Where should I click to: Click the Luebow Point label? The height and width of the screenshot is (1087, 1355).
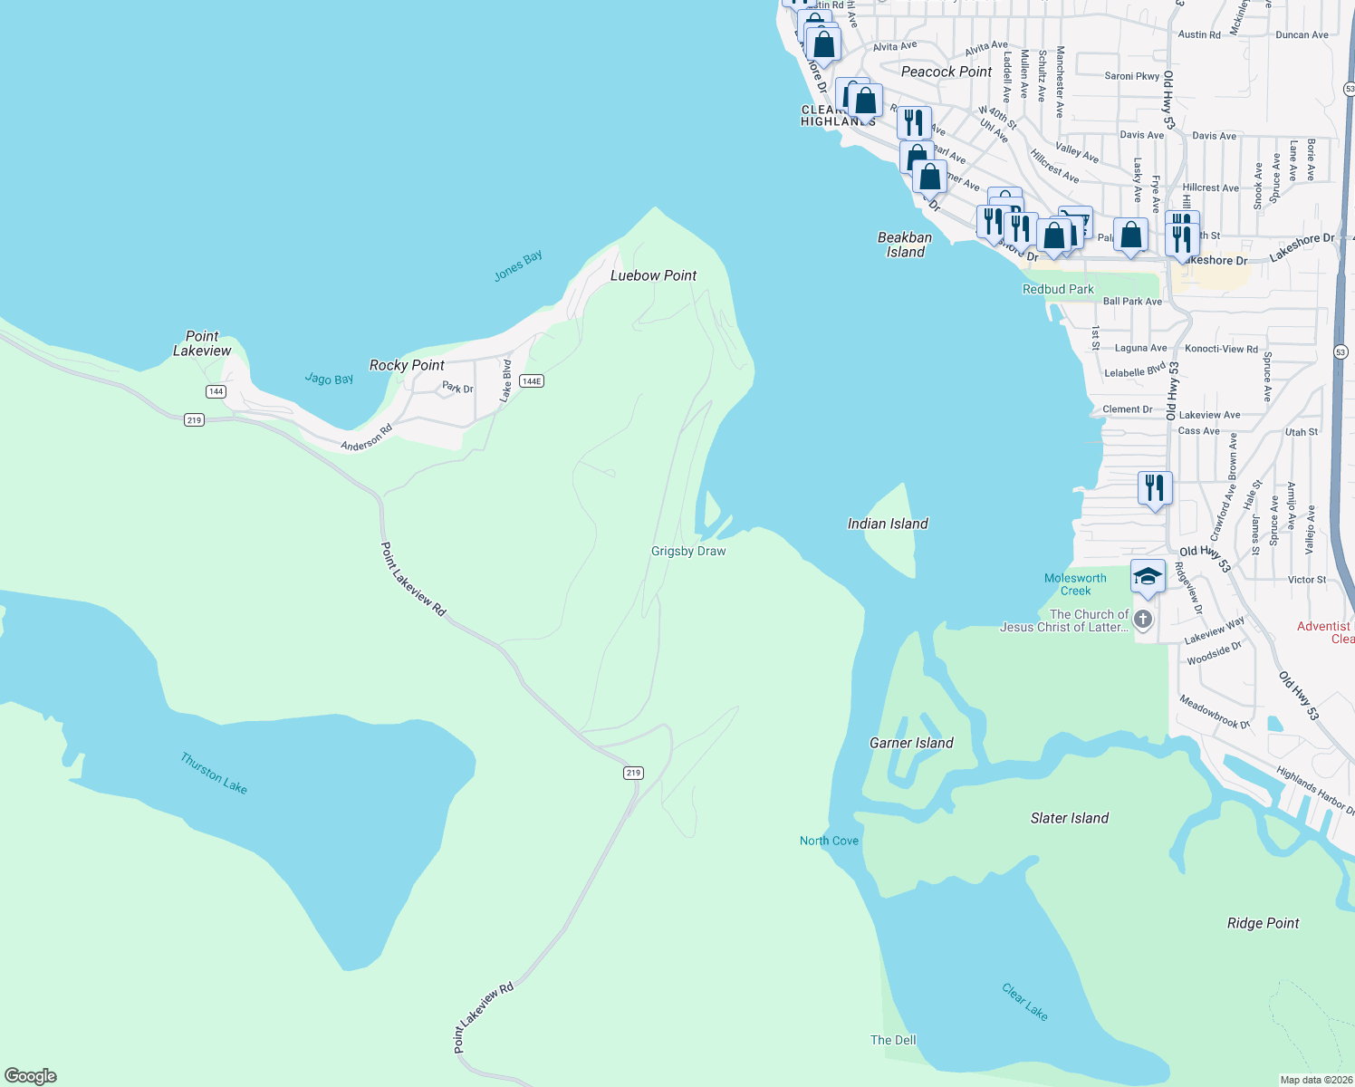click(653, 275)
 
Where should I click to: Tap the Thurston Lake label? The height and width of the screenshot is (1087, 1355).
click(214, 773)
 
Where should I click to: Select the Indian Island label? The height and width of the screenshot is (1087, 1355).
click(887, 524)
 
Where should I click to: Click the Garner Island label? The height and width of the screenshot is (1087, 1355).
click(911, 743)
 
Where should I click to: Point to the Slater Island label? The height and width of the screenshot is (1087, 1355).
click(1069, 818)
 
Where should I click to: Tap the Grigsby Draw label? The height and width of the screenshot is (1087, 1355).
click(688, 551)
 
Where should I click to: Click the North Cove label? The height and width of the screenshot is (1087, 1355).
click(829, 841)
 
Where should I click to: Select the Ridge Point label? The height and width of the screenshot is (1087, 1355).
click(1263, 923)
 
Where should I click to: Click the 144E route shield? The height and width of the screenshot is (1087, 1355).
click(532, 381)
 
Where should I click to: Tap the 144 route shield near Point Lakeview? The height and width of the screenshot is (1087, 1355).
click(216, 391)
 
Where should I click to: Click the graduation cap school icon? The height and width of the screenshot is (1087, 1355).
click(1148, 577)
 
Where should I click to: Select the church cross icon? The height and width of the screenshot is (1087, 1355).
click(1143, 620)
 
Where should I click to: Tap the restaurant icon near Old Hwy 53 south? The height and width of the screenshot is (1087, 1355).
click(1155, 488)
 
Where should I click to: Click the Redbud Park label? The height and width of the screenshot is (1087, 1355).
click(1058, 289)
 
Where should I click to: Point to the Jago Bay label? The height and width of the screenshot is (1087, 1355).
click(329, 379)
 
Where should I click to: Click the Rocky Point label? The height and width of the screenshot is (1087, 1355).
click(407, 365)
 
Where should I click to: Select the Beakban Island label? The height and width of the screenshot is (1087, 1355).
click(905, 245)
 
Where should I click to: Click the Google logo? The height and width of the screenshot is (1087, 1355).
click(31, 1075)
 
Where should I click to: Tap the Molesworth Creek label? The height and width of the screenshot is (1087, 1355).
click(1075, 584)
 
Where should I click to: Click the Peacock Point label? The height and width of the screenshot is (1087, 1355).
click(947, 72)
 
